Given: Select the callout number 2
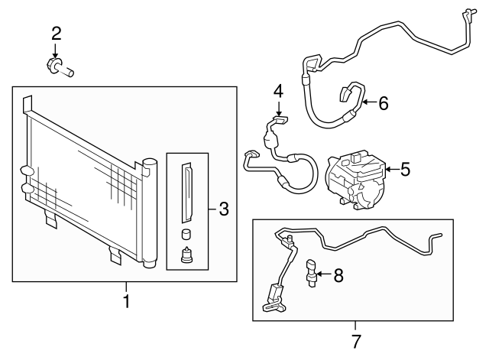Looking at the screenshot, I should pos(56,33).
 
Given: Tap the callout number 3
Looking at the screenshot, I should pos(223,208).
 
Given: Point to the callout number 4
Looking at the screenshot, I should pos(278,90).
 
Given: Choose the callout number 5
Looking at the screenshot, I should pos(404,169).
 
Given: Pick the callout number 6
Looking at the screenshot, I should pos(383,102).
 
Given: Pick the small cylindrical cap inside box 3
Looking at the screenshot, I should pos(186,235).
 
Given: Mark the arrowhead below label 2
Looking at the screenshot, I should pos(56,53).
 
